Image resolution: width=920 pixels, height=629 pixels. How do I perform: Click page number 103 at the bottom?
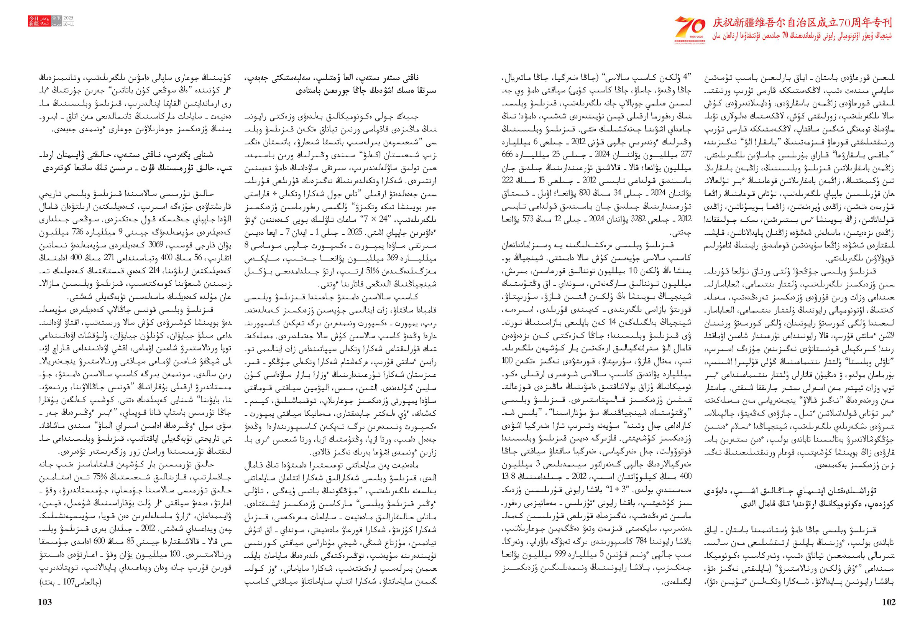click(x=45, y=602)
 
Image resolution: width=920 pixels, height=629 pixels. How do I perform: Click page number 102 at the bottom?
click(x=889, y=602)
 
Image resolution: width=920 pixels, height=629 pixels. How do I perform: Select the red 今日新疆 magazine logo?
click(x=34, y=21)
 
